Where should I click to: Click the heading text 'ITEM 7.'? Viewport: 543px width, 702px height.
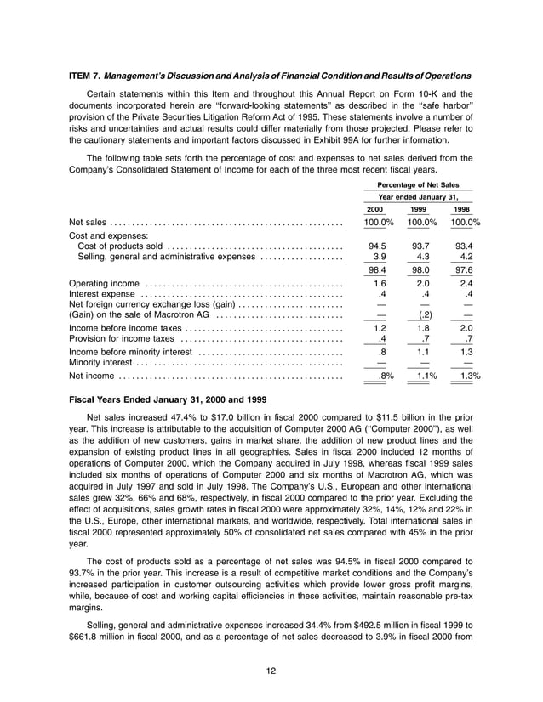pyautogui.click(x=84, y=76)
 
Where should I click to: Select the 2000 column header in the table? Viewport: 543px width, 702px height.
pyautogui.click(x=374, y=209)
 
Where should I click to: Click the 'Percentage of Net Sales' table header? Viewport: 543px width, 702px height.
pyautogui.click(x=417, y=184)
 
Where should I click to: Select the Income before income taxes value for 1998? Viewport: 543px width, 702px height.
pyautogui.click(x=465, y=327)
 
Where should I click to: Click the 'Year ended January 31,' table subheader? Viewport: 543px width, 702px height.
pyautogui.click(x=417, y=196)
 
